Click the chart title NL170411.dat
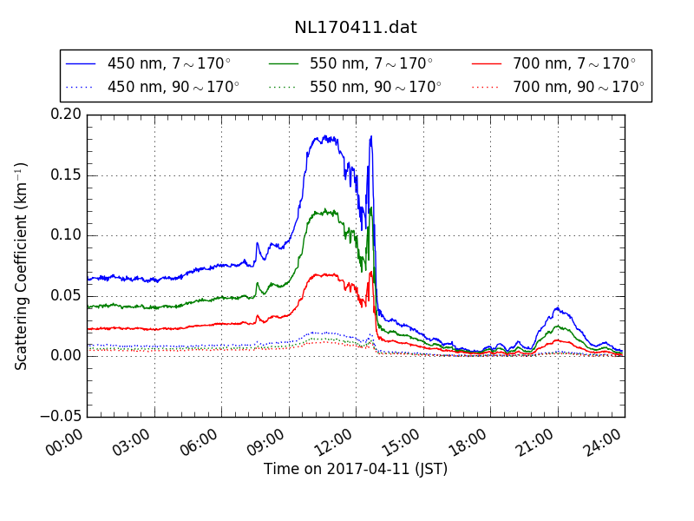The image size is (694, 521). (x=355, y=27)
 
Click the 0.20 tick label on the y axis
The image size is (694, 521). (x=66, y=115)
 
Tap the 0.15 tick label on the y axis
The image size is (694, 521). (x=66, y=175)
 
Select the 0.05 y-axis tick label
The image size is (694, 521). (x=66, y=295)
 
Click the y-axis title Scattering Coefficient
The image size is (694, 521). (x=22, y=266)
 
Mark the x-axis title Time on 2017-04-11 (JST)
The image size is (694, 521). (x=356, y=470)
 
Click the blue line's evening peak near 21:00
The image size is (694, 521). (x=557, y=307)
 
